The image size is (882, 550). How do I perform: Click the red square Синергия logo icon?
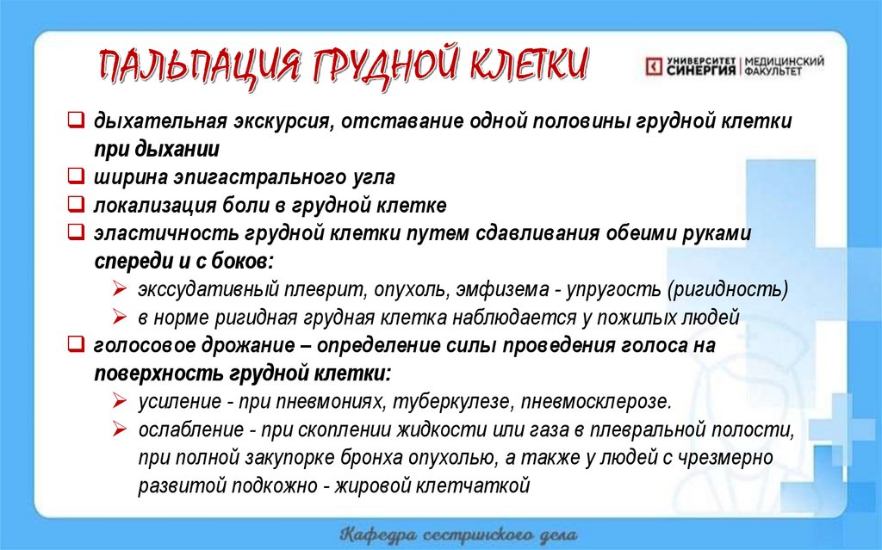(x=655, y=66)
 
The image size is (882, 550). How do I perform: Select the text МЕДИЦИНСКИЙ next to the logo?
(x=784, y=61)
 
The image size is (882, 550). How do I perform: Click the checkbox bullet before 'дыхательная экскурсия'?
(x=76, y=121)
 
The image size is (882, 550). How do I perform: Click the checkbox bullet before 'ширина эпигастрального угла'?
(x=76, y=178)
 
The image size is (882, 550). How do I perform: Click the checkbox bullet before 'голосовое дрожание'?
(x=76, y=345)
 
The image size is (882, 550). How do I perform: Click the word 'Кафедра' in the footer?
(x=380, y=532)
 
